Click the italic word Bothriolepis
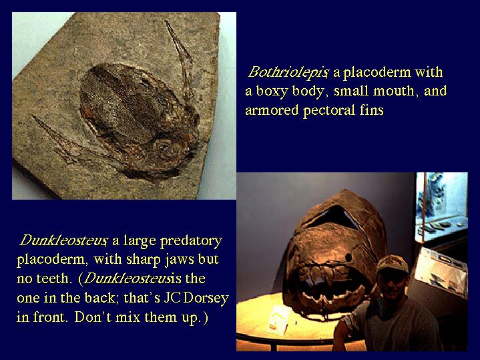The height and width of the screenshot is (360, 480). point(288,72)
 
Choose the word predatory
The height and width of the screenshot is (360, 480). point(192,241)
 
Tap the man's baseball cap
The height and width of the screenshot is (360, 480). point(392,264)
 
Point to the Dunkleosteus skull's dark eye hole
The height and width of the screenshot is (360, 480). point(348,257)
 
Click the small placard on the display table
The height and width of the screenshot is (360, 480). point(278,319)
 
